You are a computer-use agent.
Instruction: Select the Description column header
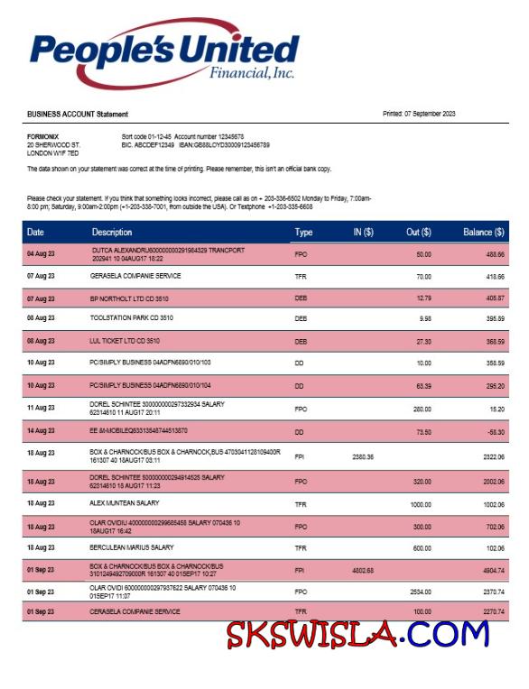pos(112,233)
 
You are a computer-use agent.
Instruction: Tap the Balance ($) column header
pos(483,233)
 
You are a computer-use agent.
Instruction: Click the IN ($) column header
pos(363,233)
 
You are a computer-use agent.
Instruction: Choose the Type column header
pos(303,233)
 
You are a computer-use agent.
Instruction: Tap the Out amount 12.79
pos(422,297)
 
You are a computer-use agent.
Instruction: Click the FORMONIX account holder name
pos(42,135)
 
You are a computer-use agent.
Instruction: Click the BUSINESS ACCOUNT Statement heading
pos(78,115)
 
